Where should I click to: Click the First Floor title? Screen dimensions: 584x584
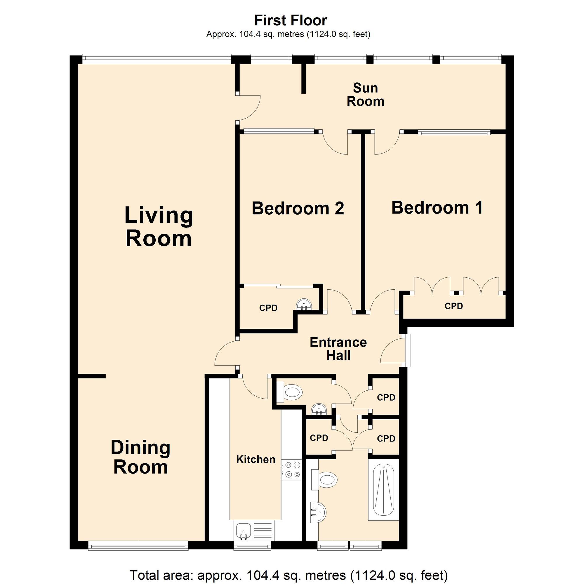click(x=291, y=20)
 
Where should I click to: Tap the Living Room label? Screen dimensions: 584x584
click(x=159, y=227)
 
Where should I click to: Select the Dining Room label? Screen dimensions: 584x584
click(x=140, y=457)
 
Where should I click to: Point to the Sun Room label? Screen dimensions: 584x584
click(x=365, y=95)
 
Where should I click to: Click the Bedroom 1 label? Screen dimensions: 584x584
click(x=437, y=208)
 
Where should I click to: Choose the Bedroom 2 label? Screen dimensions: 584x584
click(x=298, y=208)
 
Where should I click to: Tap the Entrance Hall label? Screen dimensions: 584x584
click(x=338, y=349)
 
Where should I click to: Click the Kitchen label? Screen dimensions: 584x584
click(x=256, y=459)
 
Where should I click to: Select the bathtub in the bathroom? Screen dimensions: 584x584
click(x=384, y=490)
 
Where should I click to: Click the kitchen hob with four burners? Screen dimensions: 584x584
click(x=291, y=470)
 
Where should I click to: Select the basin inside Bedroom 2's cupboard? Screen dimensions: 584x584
click(x=303, y=304)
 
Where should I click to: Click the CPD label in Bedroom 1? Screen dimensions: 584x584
click(x=453, y=306)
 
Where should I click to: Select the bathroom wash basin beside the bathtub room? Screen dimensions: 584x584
click(x=318, y=512)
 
